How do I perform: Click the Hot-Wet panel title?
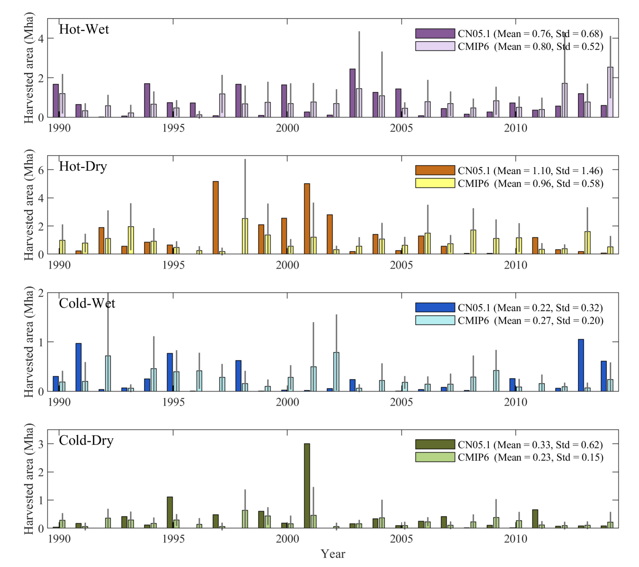tap(84, 29)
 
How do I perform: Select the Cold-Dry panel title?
tap(86, 440)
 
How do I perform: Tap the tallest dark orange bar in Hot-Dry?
tap(215, 217)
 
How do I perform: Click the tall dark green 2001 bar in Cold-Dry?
tap(307, 486)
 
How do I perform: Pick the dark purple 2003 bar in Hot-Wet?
tap(353, 93)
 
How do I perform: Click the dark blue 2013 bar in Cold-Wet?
tap(581, 365)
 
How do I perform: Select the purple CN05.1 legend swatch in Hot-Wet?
tap(435, 33)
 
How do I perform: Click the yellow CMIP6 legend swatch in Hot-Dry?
tap(435, 183)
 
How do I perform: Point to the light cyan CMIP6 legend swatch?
tap(435, 320)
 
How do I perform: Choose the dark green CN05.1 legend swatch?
tap(435, 444)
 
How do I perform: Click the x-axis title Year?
tap(333, 554)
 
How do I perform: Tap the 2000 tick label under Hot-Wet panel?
tap(287, 128)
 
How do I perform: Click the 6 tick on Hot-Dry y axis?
tap(41, 170)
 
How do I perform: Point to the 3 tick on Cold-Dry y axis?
tap(41, 444)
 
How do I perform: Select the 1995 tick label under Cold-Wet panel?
tap(173, 402)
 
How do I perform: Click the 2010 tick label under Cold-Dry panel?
tap(515, 539)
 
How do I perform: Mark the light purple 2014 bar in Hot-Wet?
tap(610, 92)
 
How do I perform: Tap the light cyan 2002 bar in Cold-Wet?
tap(336, 372)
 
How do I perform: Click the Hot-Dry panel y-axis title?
tap(29, 206)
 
